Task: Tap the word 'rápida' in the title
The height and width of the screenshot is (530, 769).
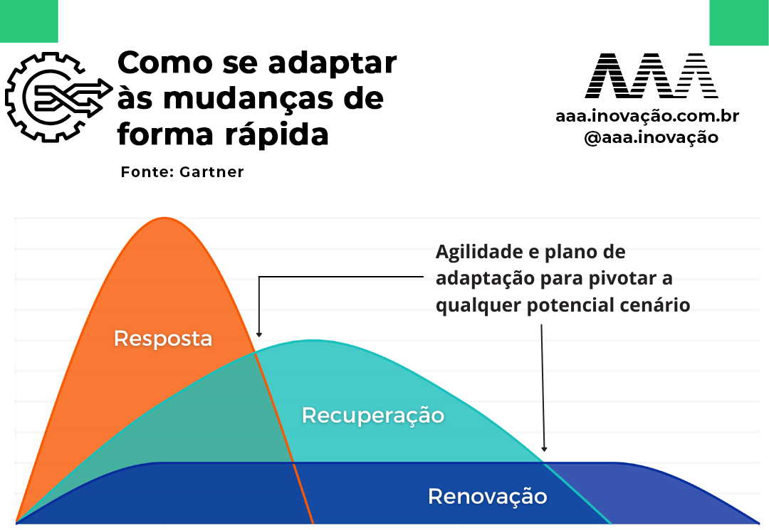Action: coord(276,135)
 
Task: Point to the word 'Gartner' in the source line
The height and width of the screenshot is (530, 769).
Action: coord(211,172)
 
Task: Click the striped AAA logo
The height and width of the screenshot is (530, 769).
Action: coord(651,75)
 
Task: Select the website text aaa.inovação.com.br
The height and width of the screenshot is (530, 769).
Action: coord(647,116)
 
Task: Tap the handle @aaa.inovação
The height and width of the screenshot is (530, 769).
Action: coord(652,137)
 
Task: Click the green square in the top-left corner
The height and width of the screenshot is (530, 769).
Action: coord(29,21)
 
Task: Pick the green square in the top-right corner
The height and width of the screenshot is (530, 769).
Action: coord(739,23)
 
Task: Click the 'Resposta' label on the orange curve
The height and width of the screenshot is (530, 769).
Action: coord(163,339)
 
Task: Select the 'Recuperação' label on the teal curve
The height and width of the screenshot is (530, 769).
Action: coord(372,415)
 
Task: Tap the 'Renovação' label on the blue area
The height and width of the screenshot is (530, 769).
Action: coord(488,496)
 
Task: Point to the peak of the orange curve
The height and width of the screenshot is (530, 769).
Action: coord(164,218)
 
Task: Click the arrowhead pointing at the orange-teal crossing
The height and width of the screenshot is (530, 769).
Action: coord(259,334)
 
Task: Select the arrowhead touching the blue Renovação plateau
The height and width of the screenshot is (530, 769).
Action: coord(544,448)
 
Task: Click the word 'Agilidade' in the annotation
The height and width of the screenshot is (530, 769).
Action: coord(480,253)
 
